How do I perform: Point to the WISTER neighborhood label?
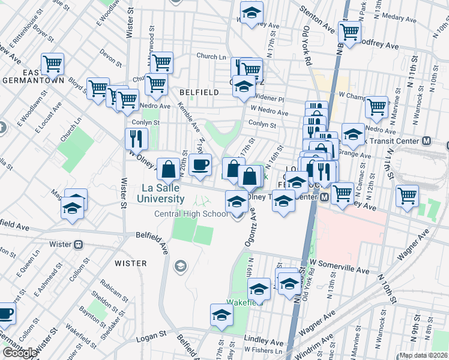130,263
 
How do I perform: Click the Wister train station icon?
78,245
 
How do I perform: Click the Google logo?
20,353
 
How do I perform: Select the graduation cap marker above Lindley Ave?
221,314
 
